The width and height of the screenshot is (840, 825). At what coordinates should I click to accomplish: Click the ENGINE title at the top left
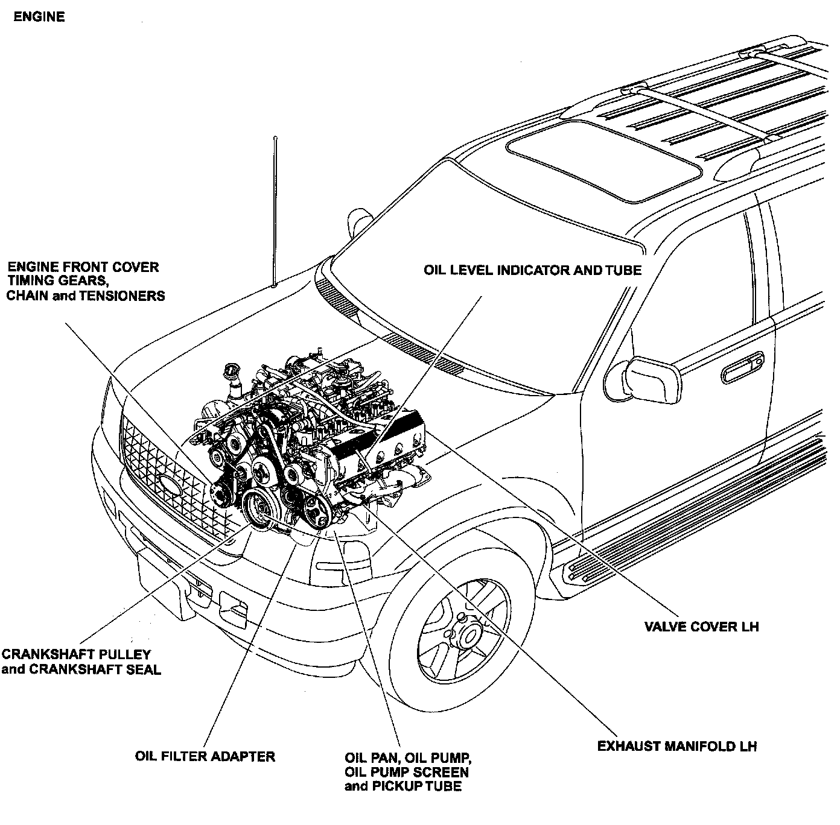click(39, 17)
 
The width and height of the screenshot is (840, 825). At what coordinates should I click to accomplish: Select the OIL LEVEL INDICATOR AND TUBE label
click(532, 270)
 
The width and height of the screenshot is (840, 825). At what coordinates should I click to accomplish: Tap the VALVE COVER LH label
click(701, 627)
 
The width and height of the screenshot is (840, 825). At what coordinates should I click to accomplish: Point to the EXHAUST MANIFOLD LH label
click(676, 747)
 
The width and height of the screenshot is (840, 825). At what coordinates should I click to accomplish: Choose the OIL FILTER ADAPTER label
click(205, 756)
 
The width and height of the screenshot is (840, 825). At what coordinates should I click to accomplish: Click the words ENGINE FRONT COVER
click(83, 267)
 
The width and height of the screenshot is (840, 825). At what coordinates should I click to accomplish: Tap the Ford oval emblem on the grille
click(171, 484)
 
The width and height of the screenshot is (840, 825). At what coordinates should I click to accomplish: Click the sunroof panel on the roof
click(604, 160)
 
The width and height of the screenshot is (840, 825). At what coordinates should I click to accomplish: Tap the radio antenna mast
click(275, 211)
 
